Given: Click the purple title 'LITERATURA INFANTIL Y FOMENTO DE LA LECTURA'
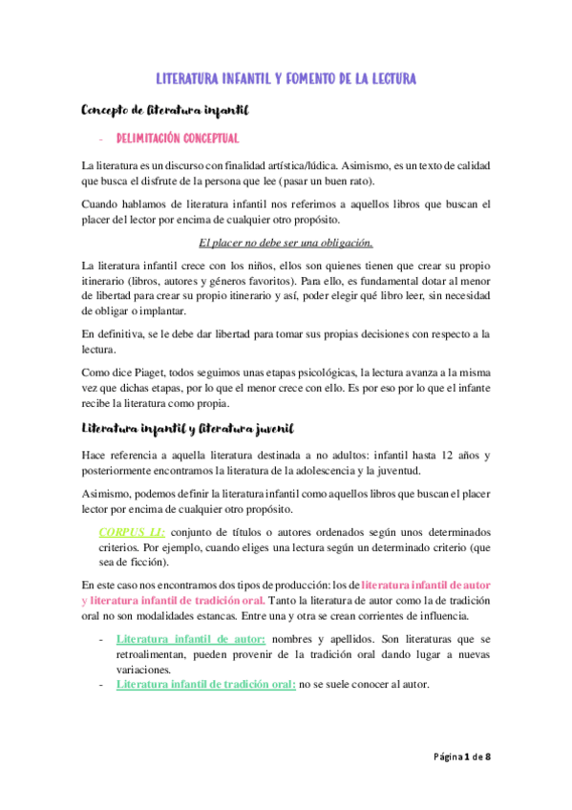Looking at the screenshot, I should point(286,78).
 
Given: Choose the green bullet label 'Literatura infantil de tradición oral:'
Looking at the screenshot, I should point(204,684).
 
